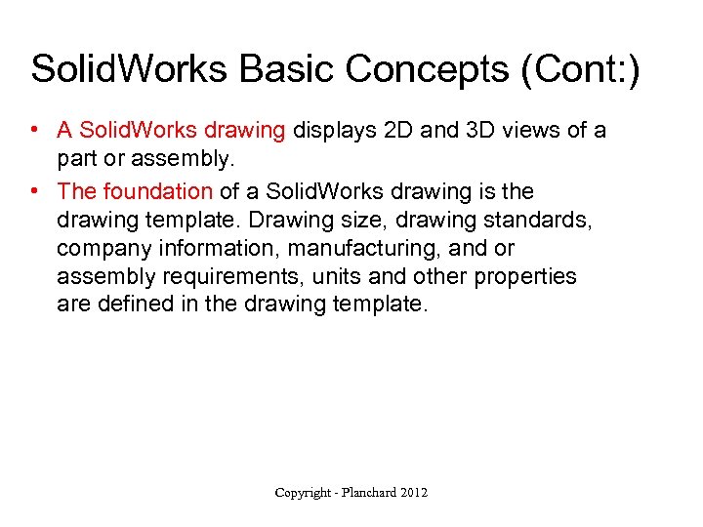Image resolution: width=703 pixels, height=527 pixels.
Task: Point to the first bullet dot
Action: click(34, 131)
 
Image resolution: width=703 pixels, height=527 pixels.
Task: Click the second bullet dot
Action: click(34, 191)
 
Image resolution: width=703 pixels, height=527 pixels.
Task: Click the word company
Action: click(103, 249)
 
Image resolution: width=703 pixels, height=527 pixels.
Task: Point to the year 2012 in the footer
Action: click(414, 493)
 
